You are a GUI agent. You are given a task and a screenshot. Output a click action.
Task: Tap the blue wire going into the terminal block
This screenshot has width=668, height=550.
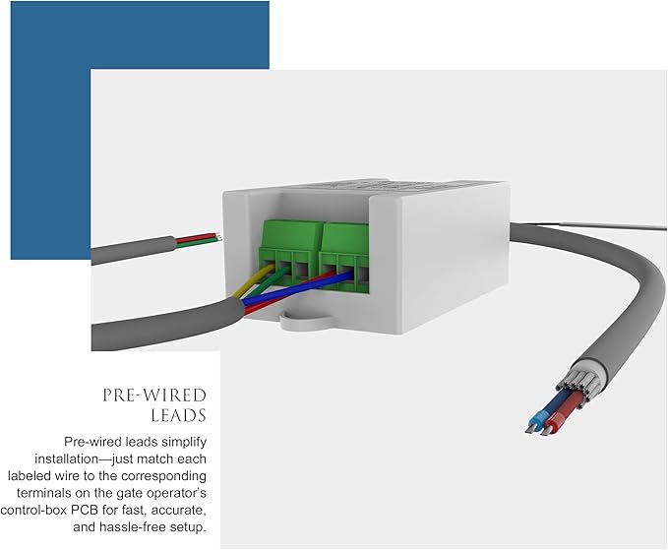[x=298, y=288]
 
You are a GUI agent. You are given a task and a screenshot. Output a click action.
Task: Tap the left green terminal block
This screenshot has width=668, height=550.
[x=292, y=251]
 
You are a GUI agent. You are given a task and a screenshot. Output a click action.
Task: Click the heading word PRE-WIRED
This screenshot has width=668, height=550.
[x=154, y=396]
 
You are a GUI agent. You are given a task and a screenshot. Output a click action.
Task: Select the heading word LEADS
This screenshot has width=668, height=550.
[x=179, y=415]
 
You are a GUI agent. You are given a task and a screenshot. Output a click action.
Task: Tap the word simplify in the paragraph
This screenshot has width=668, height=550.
[x=183, y=442]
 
